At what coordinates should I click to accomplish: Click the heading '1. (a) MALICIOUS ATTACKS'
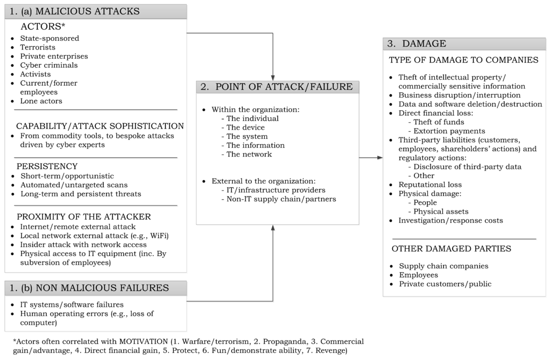[74, 11]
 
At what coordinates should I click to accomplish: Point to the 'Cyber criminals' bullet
[49, 65]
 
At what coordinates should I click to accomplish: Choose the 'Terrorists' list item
[38, 47]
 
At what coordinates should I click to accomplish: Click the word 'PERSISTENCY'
[47, 166]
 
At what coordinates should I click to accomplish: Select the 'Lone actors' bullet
[41, 101]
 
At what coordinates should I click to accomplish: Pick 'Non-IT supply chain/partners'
[279, 199]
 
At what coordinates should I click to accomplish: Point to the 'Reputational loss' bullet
[430, 185]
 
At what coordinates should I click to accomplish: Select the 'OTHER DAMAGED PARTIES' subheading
[451, 249]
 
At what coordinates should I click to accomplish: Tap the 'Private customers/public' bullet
[445, 284]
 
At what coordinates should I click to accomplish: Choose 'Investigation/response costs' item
[450, 221]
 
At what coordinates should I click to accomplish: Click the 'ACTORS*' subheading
[43, 26]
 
